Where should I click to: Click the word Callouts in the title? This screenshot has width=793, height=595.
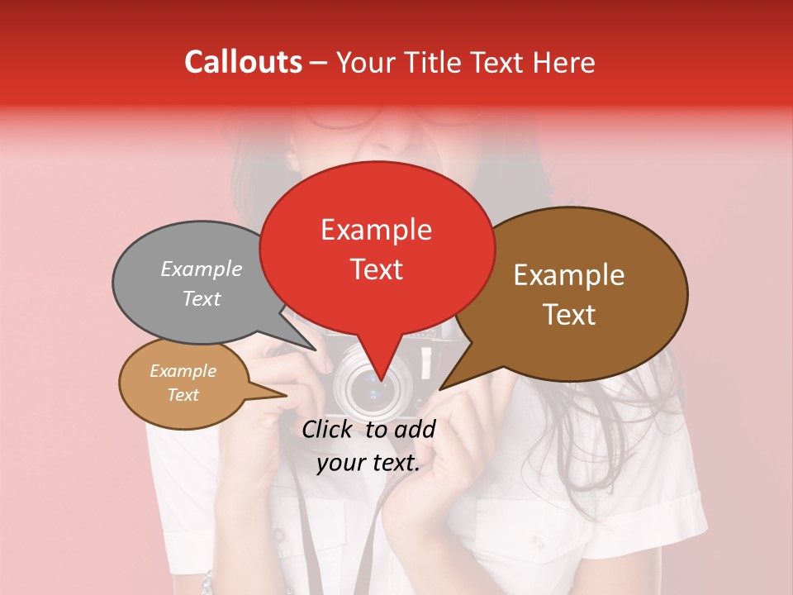coord(243,62)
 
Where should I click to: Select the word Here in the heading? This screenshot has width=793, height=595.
coord(564,62)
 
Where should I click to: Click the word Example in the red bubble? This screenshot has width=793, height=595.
coord(376,229)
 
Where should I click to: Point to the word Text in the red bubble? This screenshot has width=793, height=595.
coord(377,269)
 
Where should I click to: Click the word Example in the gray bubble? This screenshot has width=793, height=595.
coord(202,269)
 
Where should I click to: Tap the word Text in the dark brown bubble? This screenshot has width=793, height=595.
coord(570,314)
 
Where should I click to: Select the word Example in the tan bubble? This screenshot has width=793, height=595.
coord(183,371)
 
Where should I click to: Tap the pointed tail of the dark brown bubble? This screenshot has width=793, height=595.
coord(450,380)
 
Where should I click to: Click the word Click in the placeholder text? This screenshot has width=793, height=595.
coord(329,429)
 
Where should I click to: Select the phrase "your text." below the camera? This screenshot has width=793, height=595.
coord(368,463)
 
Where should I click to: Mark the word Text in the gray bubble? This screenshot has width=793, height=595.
coord(202,298)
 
